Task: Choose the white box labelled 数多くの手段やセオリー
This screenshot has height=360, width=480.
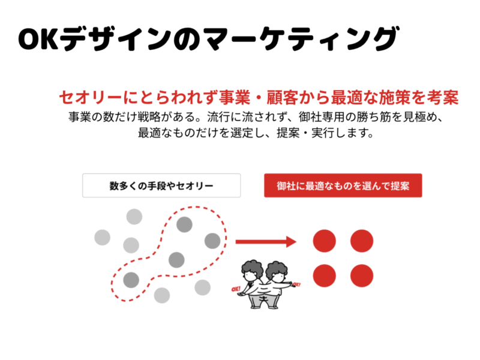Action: (x=161, y=185)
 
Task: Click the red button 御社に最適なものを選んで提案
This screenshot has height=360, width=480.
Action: (x=343, y=185)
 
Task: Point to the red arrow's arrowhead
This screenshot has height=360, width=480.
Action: (x=292, y=242)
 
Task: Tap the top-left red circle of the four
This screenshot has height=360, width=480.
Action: (x=325, y=241)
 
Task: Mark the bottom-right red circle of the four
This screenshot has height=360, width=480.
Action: (x=362, y=275)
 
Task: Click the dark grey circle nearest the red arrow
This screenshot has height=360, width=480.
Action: (x=212, y=241)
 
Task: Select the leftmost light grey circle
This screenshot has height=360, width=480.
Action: (x=103, y=238)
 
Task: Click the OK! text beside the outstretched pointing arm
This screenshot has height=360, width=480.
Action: (x=298, y=284)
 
